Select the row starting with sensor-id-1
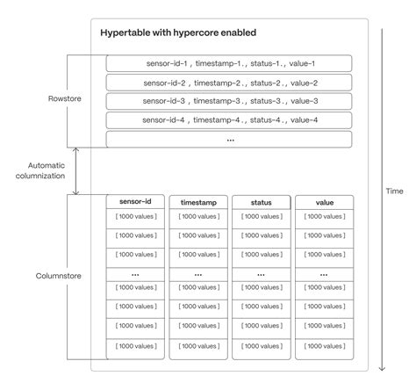229,63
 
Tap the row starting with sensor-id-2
229,83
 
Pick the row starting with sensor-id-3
229,101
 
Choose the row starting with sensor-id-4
229,120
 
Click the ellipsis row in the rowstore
229,140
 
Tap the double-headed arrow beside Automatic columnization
76,170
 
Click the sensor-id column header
135,201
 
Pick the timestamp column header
197,201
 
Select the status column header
261,201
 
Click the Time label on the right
395,190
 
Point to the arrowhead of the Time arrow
382,370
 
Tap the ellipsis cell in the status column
261,273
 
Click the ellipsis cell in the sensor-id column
135,273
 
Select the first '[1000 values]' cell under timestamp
197,217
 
